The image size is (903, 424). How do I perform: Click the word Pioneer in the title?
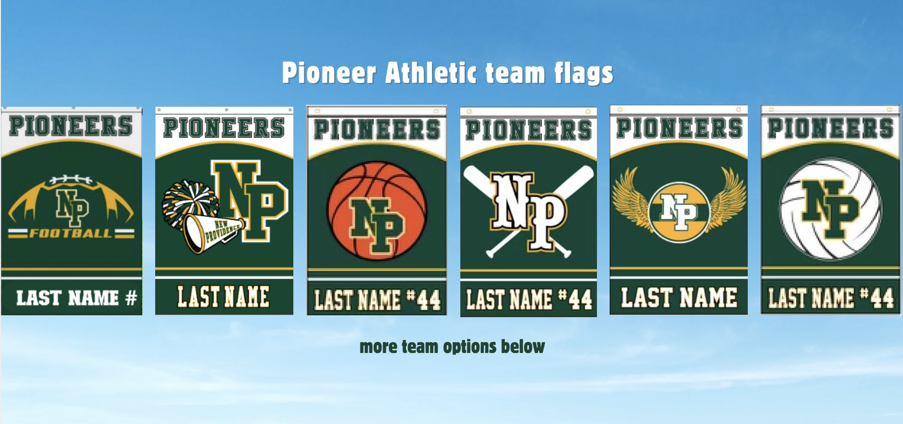click(329, 73)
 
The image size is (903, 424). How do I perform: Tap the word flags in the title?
click(583, 74)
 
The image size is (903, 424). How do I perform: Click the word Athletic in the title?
click(430, 73)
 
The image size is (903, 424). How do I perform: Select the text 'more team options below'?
click(452, 347)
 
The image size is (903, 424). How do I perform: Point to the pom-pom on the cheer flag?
click(189, 201)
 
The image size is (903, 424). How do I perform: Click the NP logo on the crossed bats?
click(529, 211)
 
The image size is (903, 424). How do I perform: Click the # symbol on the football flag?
click(131, 298)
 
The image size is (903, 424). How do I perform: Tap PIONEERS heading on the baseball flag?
click(528, 130)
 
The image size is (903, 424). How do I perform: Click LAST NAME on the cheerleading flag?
click(223, 297)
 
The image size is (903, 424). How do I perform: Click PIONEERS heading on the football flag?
click(71, 126)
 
